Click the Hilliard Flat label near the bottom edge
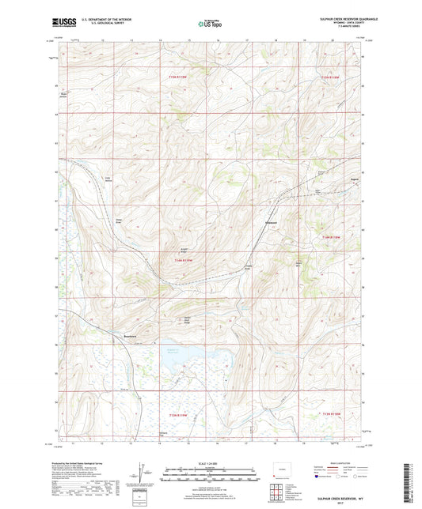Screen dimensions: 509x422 click(164, 435)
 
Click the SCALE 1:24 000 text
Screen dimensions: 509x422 click(210, 462)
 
